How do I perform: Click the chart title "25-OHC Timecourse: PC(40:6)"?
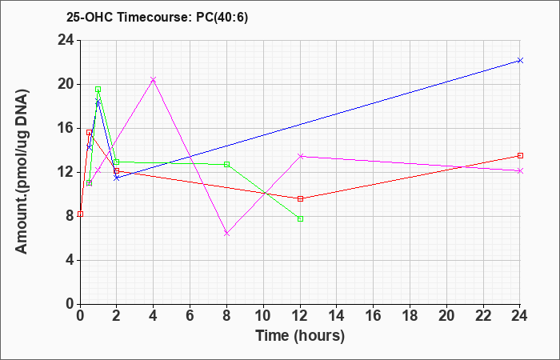(x=157, y=18)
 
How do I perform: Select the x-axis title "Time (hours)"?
(x=300, y=336)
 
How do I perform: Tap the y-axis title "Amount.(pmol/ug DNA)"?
(x=22, y=172)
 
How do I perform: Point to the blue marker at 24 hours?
(x=520, y=60)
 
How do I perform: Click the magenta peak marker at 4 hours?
(x=154, y=79)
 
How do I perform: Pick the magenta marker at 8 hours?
(x=226, y=234)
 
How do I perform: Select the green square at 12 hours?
(x=300, y=218)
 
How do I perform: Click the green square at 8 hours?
(x=226, y=164)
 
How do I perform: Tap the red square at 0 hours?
(x=80, y=214)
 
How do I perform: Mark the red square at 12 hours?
(x=300, y=198)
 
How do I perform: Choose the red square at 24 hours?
(x=520, y=155)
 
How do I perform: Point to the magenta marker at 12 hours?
(x=300, y=156)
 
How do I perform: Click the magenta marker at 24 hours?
(x=520, y=170)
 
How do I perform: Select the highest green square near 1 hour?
(x=98, y=89)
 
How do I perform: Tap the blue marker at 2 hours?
(x=117, y=178)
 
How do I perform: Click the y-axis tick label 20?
(x=66, y=84)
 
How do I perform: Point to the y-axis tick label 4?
(x=70, y=260)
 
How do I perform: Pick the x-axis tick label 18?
(x=410, y=316)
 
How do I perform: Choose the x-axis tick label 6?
(x=190, y=316)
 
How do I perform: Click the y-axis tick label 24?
(x=66, y=40)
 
